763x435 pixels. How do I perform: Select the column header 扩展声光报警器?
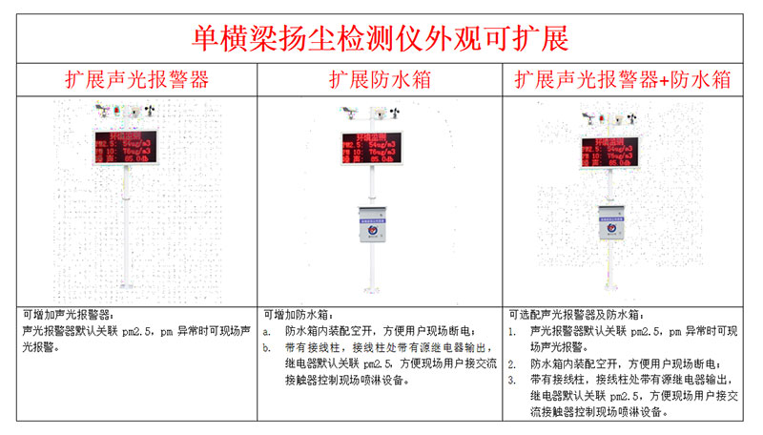coord(136,80)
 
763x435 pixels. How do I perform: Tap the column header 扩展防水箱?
coord(380,80)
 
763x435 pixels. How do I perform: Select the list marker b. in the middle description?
coord(268,348)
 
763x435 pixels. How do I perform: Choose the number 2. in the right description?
coord(512,364)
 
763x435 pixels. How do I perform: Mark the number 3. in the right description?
coord(512,381)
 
